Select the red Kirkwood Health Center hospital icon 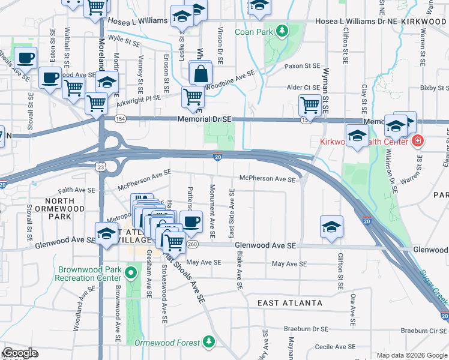[x=417, y=142]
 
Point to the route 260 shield [x=192, y=244]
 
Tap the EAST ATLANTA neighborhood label [x=289, y=304]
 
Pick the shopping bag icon [x=200, y=74]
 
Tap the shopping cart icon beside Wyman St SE [x=310, y=106]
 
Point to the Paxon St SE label [x=303, y=66]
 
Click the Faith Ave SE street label [x=77, y=189]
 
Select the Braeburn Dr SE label [x=307, y=329]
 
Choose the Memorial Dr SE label [x=204, y=119]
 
